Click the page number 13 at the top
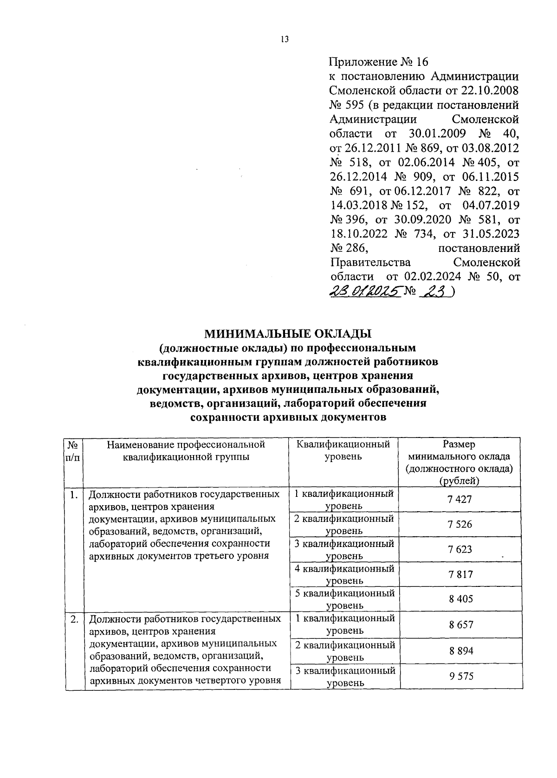pos(285,39)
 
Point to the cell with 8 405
pos(460,599)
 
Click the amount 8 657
pos(461,624)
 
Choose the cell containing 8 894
pos(461,651)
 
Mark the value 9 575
pos(461,676)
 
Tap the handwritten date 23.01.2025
pos(365,291)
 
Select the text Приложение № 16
pos(378,62)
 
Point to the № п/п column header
pos(73,450)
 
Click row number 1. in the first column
pos(73,495)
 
